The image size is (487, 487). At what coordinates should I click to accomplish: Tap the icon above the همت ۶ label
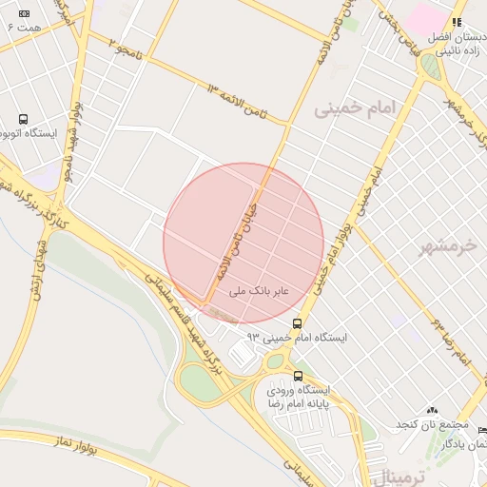(24, 13)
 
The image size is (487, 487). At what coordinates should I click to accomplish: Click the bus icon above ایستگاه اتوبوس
(23, 119)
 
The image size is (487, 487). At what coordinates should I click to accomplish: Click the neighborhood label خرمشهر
(446, 247)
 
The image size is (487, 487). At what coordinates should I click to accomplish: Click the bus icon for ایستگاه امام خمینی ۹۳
(298, 323)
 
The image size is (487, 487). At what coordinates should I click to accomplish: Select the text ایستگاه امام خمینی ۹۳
(297, 338)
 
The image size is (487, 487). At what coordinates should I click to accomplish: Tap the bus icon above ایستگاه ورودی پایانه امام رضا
(299, 376)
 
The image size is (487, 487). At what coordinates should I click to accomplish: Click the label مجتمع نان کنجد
(434, 423)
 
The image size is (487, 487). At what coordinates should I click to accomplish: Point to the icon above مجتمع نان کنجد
(434, 408)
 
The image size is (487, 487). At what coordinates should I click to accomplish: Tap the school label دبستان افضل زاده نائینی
(457, 43)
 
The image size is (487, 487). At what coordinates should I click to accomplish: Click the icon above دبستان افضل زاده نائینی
(457, 22)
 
